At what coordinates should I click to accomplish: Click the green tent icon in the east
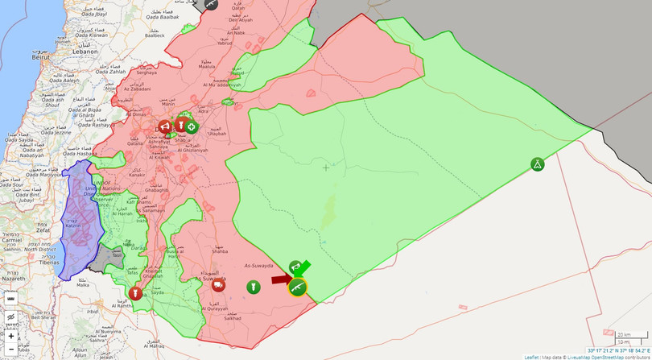537,164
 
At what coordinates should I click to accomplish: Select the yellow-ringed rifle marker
297,287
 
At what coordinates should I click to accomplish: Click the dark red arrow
280,279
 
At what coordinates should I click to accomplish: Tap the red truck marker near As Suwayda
218,285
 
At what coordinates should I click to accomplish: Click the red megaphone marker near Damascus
164,126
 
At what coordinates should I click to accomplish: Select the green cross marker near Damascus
192,126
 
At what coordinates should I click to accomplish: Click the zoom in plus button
11,336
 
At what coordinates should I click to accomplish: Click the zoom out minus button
11,350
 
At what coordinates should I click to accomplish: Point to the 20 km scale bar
625,334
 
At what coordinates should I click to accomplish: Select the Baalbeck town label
154,35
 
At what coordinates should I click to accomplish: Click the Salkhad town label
233,318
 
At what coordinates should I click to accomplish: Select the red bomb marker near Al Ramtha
135,292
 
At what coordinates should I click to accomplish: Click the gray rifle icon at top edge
210,3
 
